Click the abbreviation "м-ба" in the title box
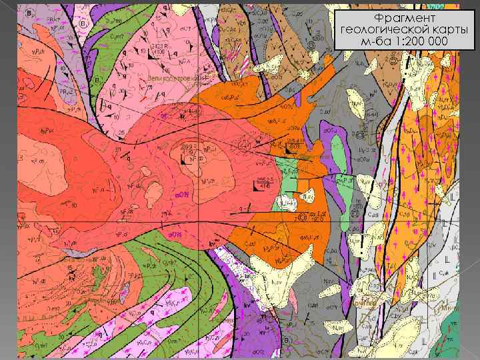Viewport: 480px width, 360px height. pos(374,42)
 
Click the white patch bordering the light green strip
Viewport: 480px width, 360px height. pos(291,200)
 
